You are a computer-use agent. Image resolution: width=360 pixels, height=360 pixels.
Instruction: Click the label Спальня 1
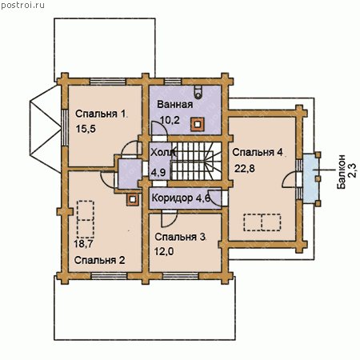coord(100,114)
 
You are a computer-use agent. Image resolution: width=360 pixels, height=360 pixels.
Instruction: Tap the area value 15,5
coord(86,129)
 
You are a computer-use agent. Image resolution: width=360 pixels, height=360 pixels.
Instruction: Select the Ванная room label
coord(175,104)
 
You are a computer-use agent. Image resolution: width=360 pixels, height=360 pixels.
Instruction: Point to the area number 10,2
coord(170,120)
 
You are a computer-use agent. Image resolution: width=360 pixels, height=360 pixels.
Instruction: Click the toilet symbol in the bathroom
coord(198,91)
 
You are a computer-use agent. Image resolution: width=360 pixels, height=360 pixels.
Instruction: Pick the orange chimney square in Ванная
coord(198,124)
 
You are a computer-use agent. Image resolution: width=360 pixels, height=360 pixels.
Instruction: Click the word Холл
coord(162,153)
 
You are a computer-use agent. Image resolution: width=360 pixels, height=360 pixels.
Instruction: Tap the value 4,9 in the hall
coord(158,173)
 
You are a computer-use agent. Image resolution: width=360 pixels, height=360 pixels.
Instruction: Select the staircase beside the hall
coord(196,161)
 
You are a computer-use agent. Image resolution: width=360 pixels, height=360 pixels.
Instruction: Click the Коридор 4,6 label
coord(181,198)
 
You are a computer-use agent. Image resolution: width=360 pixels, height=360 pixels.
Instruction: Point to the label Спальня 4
coord(258,152)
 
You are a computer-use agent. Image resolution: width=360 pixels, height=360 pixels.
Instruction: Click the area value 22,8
coord(245,169)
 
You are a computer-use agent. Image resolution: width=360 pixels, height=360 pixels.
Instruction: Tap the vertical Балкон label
coord(341,172)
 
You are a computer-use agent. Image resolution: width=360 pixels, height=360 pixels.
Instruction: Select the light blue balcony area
coord(310,178)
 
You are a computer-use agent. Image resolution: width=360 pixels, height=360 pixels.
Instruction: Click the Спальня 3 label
coord(180,237)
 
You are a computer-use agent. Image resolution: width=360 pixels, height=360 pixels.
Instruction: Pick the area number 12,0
coord(164,251)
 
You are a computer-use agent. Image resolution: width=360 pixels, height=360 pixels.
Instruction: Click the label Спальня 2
coord(99,260)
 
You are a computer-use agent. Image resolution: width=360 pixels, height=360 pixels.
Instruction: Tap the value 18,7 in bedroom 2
coord(83,244)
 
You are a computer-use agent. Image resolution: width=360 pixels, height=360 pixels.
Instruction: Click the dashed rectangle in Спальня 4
coord(262,222)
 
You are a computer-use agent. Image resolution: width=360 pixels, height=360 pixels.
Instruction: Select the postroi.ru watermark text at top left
coord(22,5)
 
